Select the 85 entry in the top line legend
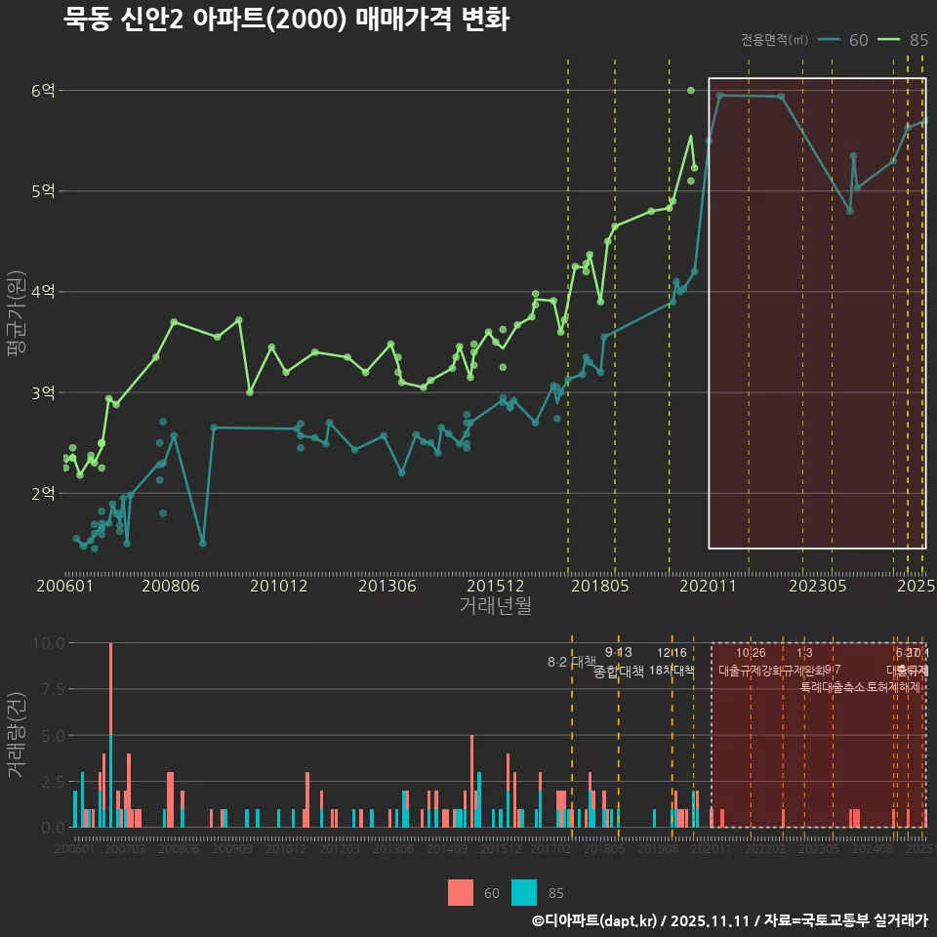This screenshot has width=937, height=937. click(x=904, y=40)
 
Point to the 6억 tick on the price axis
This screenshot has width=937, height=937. click(x=43, y=91)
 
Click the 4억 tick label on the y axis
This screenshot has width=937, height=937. click(x=43, y=292)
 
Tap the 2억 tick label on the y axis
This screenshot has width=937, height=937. click(x=43, y=494)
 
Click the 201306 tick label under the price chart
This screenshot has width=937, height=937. click(x=387, y=586)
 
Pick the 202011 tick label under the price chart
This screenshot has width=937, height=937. click(x=707, y=586)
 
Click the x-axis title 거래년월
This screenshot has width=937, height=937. click(x=495, y=605)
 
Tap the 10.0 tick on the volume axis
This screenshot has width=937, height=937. click(x=48, y=643)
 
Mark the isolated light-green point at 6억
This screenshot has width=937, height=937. click(x=691, y=90)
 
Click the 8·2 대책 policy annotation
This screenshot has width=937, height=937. click(x=572, y=662)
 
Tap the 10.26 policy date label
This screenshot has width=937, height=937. click(x=751, y=653)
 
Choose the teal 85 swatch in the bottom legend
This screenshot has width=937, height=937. click(x=524, y=892)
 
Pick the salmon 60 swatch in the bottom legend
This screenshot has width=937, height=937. click(x=461, y=892)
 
